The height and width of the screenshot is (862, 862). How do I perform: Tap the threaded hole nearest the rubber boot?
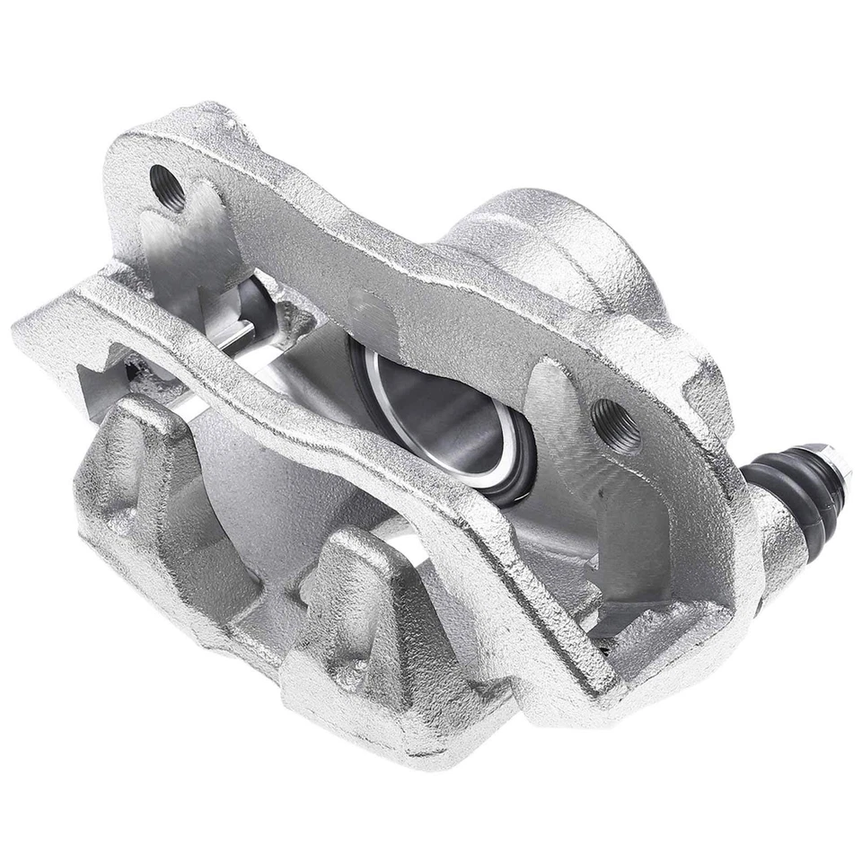(x=616, y=426)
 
